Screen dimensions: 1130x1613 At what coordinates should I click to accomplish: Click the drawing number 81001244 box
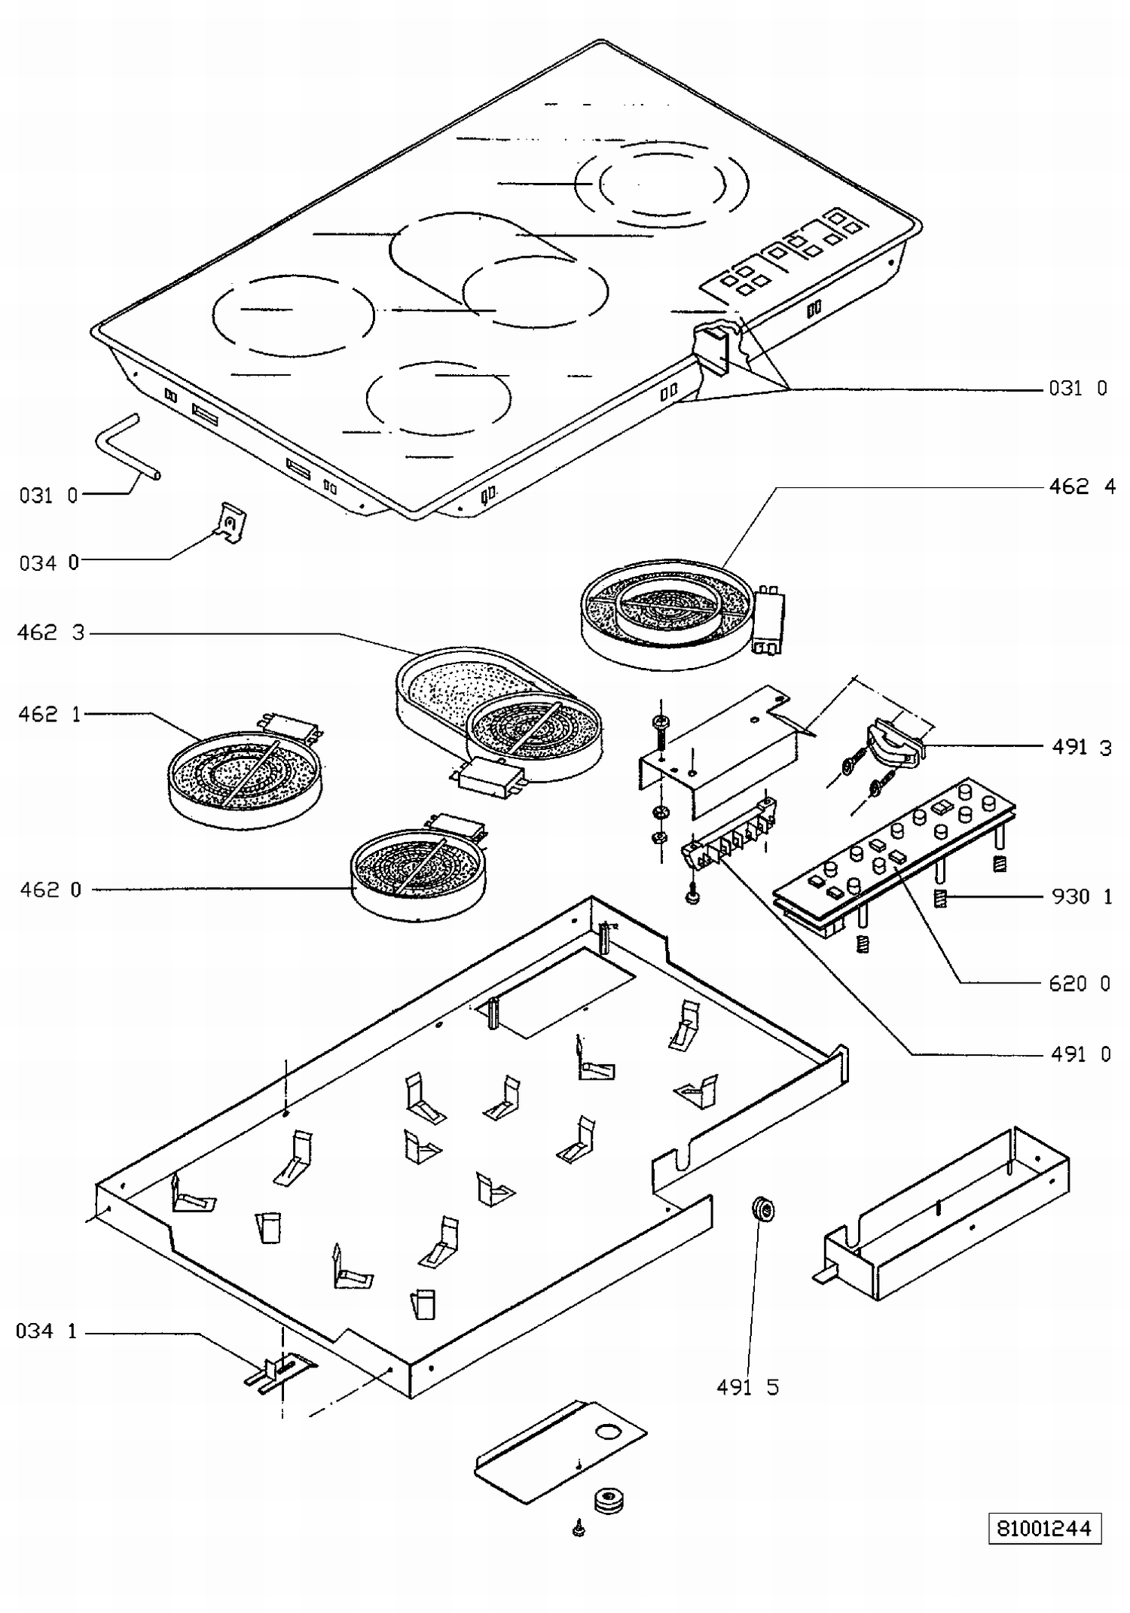1044,1528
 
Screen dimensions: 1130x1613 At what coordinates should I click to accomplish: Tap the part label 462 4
1083,486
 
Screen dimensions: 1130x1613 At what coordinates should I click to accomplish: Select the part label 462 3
51,633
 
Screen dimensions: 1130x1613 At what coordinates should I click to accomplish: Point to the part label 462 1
49,714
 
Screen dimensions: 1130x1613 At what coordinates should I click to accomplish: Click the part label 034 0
49,563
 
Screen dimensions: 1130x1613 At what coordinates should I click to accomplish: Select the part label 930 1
1082,896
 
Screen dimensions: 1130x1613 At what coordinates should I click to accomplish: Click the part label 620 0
1080,983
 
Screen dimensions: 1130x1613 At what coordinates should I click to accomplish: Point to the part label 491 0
1081,1053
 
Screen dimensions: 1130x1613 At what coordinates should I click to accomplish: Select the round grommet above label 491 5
762,1211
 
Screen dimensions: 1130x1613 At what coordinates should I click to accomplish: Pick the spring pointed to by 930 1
939,898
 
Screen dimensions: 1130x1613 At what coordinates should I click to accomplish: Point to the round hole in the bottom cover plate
606,1431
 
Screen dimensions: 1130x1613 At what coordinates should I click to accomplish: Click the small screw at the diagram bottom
579,1528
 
